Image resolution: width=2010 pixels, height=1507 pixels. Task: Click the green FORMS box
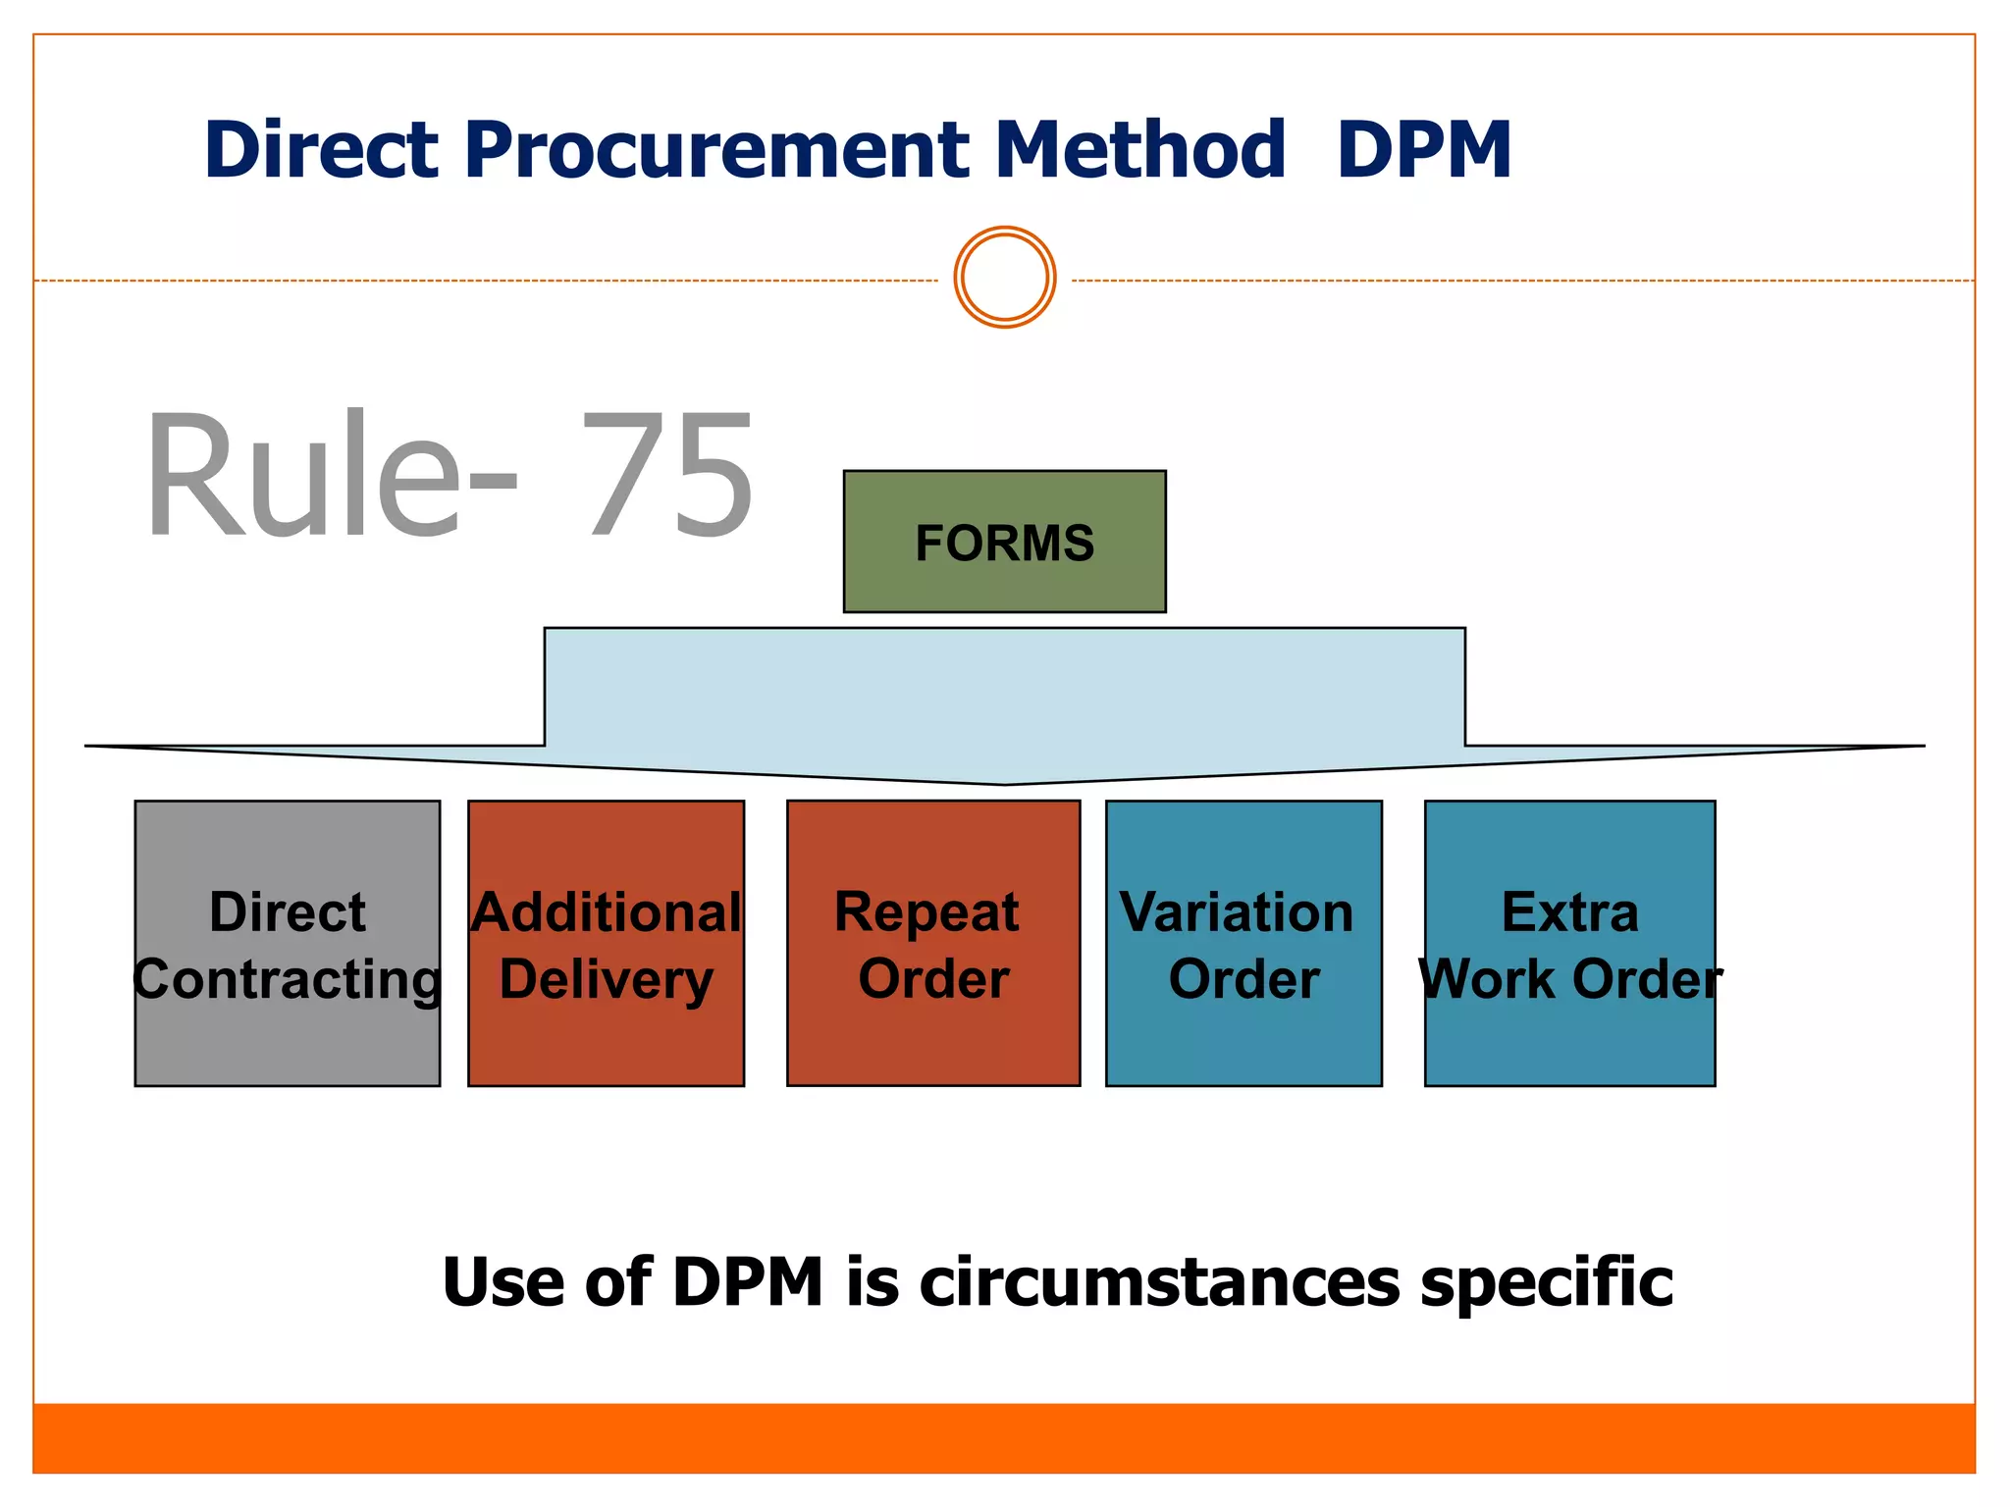(x=1004, y=542)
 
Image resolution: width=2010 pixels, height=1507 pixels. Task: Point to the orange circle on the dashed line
(x=1004, y=278)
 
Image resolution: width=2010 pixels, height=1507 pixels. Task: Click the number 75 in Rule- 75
(x=667, y=476)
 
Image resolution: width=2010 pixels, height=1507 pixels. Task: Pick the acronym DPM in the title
(x=1423, y=150)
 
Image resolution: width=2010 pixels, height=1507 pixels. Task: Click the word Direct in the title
(x=321, y=150)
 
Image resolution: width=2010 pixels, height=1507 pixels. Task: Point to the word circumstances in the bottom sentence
(x=1159, y=1283)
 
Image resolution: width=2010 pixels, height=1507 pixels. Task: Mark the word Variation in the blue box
(x=1237, y=912)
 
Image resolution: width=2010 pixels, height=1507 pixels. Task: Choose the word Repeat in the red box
(x=926, y=913)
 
